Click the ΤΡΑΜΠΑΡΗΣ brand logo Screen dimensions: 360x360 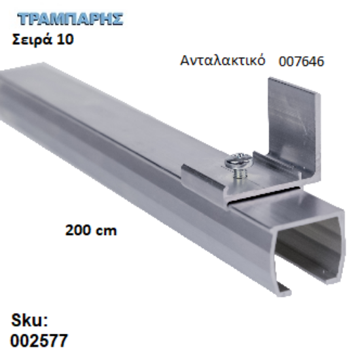pyautogui.click(x=67, y=18)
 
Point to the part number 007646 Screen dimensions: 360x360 pyautogui.click(x=301, y=62)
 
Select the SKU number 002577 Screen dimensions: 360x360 pyautogui.click(x=39, y=341)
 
